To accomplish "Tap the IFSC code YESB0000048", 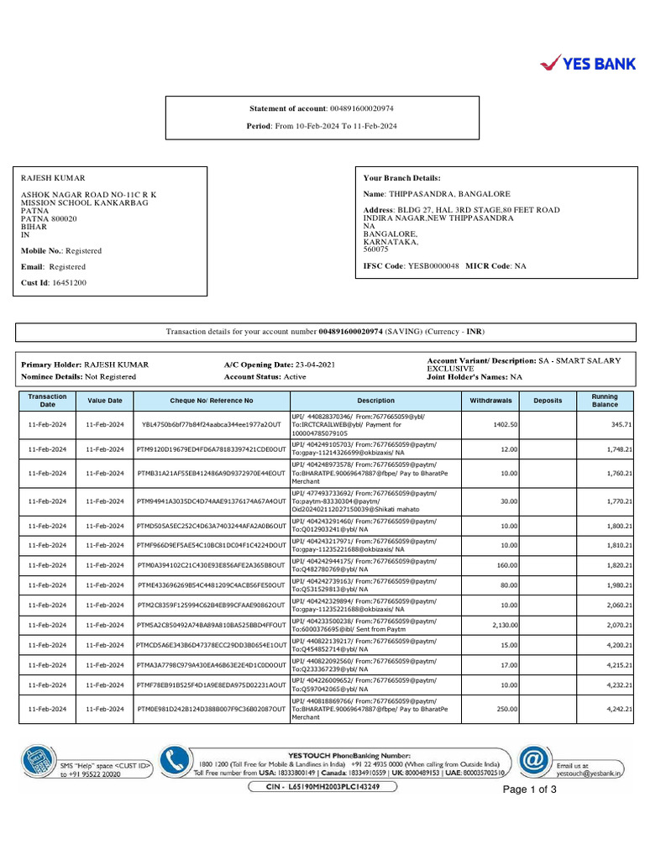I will (433, 265).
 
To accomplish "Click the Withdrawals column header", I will (490, 401).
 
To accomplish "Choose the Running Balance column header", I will (604, 401).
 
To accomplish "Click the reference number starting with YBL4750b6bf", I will (212, 425).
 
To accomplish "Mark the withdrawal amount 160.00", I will (506, 565).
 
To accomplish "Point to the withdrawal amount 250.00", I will (506, 710).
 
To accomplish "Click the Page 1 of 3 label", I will (529, 789).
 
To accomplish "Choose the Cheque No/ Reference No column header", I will (212, 401).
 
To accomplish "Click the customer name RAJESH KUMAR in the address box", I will (53, 178).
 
